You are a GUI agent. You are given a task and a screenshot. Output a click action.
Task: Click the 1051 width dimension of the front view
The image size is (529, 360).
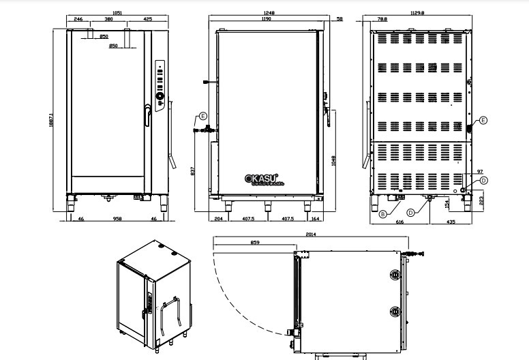118,13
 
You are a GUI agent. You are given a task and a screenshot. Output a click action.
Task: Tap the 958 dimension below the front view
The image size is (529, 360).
118,220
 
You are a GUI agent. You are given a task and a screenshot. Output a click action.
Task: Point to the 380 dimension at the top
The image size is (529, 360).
108,20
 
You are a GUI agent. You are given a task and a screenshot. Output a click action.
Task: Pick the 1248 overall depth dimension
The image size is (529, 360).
267,13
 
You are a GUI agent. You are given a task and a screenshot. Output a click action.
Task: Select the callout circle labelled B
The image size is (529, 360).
383,213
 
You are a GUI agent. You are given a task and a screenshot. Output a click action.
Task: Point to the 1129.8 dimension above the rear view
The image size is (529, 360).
417,13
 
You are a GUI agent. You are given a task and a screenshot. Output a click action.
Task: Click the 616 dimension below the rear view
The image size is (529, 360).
400,222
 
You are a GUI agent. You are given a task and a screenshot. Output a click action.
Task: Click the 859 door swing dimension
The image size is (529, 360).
254,242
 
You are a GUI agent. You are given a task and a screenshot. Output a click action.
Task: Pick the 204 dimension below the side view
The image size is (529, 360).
218,220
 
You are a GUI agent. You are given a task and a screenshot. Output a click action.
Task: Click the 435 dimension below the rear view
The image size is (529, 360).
451,222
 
